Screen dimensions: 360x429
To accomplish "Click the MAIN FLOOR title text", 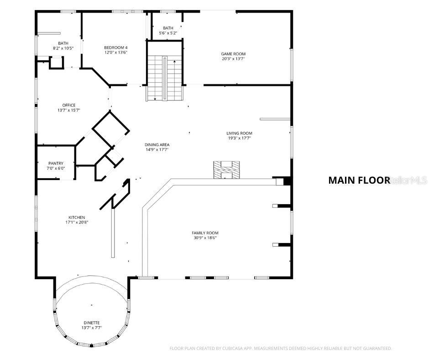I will tap(359, 180).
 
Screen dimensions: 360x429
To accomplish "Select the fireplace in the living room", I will tap(226, 169).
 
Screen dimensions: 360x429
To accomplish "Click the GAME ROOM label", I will tap(233, 54).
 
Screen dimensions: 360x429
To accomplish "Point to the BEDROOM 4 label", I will tap(115, 48).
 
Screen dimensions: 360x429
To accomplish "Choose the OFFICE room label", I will tap(69, 105).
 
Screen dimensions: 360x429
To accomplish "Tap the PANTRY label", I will tap(56, 163).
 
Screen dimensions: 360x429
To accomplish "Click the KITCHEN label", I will tap(77, 217).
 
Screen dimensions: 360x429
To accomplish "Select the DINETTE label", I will tap(91, 323).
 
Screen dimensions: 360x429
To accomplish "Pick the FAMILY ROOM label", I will tap(204, 233).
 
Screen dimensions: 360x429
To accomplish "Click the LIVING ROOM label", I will tap(239, 133).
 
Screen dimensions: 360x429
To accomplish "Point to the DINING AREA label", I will tap(157, 144).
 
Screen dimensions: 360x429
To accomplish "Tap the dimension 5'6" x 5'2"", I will tap(167, 33).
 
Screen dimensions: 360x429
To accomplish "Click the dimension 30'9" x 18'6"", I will tap(204, 238).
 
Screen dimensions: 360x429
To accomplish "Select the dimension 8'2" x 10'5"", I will tap(63, 48).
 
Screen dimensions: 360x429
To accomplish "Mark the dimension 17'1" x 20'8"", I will tap(77, 222).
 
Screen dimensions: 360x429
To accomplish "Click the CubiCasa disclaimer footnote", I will tap(281, 349).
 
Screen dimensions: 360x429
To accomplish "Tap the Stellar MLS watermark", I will tap(409, 180).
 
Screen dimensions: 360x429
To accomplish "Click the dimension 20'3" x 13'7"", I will tap(233, 58).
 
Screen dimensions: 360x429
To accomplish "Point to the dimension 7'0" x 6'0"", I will tap(56, 168).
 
